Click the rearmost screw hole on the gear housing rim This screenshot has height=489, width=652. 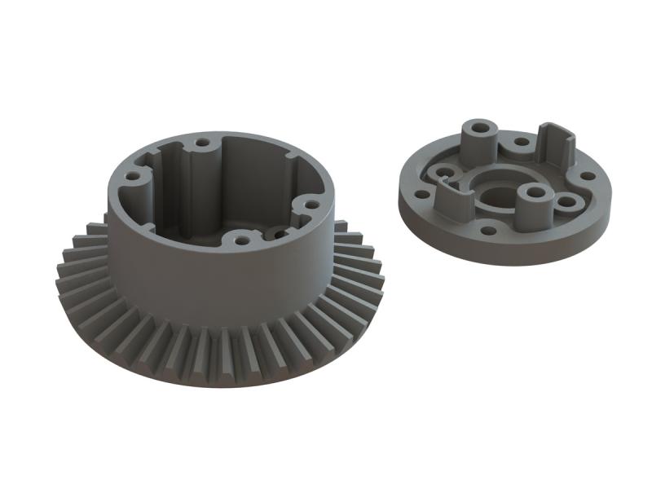[x=201, y=143]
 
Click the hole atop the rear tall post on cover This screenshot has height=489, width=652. [x=479, y=128]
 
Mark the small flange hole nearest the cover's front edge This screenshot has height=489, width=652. [x=488, y=231]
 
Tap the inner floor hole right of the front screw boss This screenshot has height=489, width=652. [x=280, y=234]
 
